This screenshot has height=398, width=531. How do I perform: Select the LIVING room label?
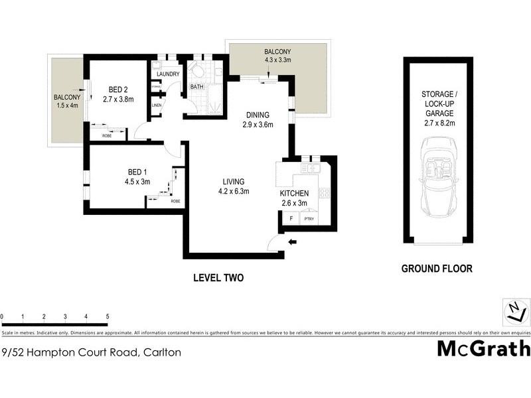(234, 182)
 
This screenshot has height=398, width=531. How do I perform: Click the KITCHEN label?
(295, 193)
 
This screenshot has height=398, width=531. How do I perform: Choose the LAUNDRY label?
(168, 74)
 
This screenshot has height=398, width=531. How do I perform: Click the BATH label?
(197, 87)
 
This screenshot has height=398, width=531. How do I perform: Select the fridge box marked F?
(290, 218)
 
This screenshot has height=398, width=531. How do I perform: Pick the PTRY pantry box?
(309, 218)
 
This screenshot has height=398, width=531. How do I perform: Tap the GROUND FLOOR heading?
(437, 269)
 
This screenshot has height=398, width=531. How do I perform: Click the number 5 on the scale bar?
(108, 317)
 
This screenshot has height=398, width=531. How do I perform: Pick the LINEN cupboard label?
(157, 105)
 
